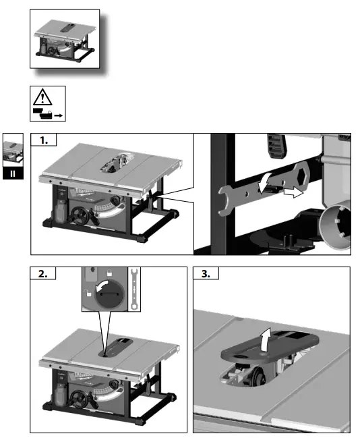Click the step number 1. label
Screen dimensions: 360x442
(x=44, y=140)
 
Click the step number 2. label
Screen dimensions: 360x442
(x=43, y=274)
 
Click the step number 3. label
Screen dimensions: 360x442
(x=206, y=274)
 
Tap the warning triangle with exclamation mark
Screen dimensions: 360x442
(x=42, y=97)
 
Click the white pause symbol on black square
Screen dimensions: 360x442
(x=13, y=173)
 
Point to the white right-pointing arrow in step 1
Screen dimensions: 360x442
(x=293, y=193)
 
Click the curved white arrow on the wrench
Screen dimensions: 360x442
(x=264, y=184)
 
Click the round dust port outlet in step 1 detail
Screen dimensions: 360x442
(x=336, y=226)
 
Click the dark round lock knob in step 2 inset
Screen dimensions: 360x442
(x=110, y=295)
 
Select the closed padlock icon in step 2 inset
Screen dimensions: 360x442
(x=109, y=273)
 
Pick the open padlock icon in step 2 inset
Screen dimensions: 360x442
(x=89, y=293)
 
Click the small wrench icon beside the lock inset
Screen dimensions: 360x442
(x=134, y=289)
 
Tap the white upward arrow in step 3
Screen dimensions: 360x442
(x=266, y=339)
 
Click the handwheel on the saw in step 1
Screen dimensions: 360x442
(x=80, y=216)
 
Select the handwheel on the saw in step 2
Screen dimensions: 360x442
(x=78, y=399)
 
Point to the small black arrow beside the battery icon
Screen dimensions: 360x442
(x=59, y=115)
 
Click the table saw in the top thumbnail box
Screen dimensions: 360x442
(x=65, y=41)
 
